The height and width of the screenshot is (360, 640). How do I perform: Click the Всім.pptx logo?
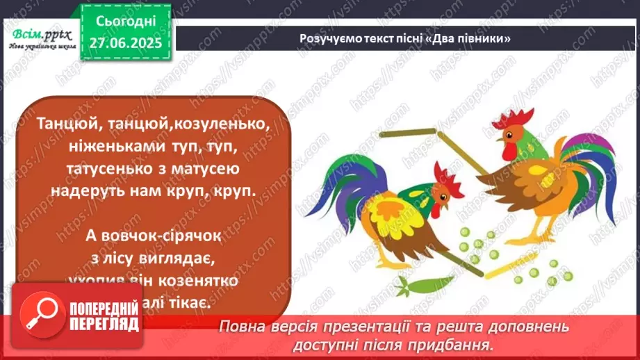coord(40,36)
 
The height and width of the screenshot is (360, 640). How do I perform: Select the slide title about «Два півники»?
coord(405,38)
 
